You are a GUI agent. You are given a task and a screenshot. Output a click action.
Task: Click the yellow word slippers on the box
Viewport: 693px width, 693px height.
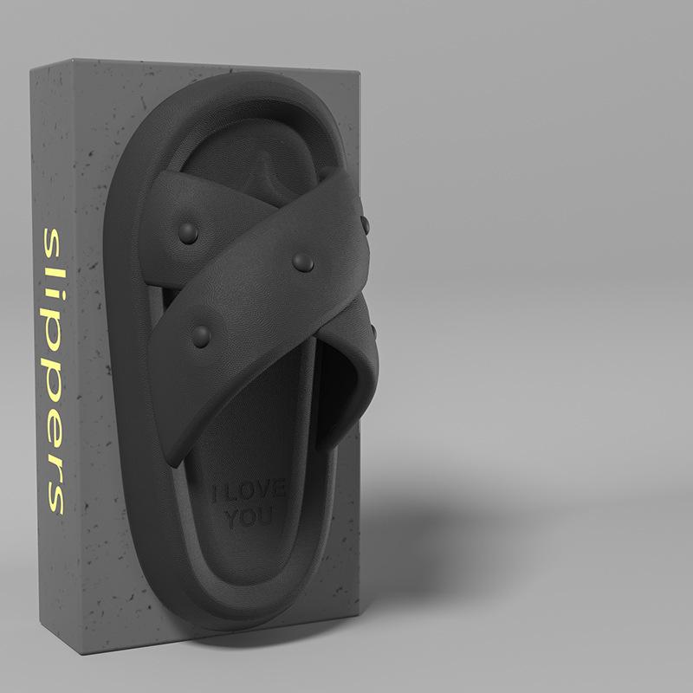[54, 372]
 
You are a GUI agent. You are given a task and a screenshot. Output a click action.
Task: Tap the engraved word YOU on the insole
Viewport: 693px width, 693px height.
[249, 516]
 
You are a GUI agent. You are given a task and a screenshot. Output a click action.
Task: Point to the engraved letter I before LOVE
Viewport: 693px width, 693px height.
[214, 493]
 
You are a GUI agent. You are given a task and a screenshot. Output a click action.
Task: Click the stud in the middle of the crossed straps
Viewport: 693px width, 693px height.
[303, 263]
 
